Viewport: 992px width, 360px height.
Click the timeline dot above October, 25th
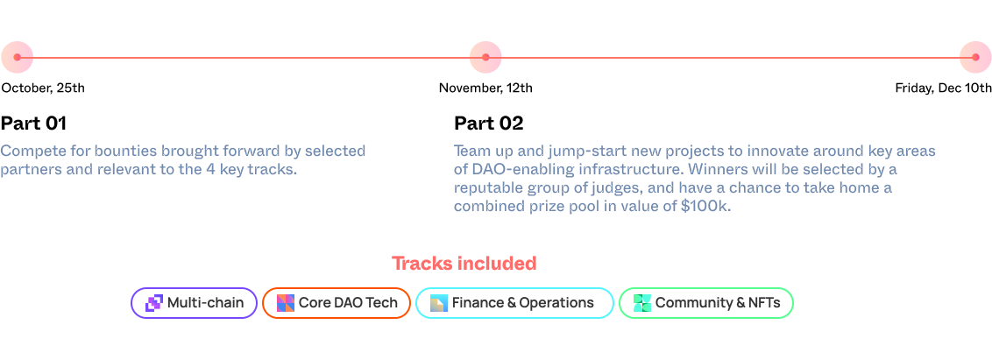click(x=17, y=57)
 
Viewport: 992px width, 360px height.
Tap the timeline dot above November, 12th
click(x=485, y=57)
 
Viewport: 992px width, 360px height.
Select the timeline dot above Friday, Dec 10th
click(x=975, y=57)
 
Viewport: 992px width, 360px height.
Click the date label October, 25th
click(x=43, y=88)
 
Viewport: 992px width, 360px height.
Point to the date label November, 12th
click(x=485, y=88)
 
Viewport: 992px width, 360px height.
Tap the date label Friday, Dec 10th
click(x=943, y=88)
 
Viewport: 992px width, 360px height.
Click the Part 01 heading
click(x=33, y=123)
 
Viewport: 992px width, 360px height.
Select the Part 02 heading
click(x=489, y=123)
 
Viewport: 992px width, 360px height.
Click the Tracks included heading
click(x=464, y=263)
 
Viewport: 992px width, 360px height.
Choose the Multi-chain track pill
click(x=195, y=303)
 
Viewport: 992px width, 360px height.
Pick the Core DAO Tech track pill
click(x=337, y=303)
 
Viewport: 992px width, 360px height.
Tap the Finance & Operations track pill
click(x=515, y=303)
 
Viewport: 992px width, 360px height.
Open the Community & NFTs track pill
click(x=706, y=303)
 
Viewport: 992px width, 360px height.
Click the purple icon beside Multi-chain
click(x=154, y=303)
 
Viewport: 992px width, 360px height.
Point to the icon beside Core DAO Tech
click(x=286, y=303)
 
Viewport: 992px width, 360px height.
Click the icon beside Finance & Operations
click(x=439, y=303)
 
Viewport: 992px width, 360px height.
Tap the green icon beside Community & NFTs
click(x=642, y=303)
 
